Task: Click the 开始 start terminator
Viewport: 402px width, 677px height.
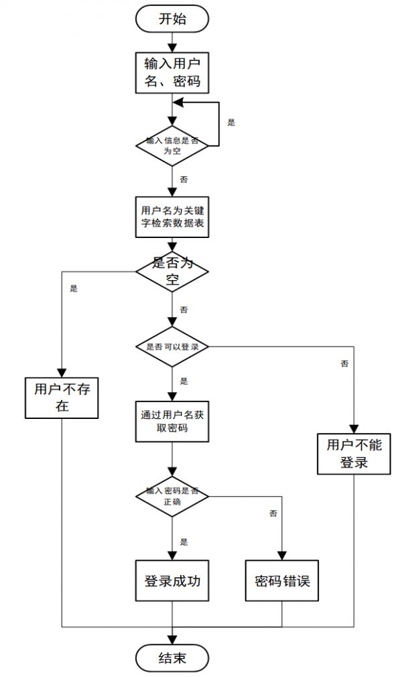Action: click(172, 19)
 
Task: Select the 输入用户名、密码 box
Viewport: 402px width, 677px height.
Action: click(172, 73)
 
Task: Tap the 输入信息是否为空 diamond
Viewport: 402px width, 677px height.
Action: click(172, 145)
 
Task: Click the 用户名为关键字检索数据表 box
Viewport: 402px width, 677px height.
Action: click(172, 217)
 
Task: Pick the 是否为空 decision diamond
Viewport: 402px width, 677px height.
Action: click(172, 271)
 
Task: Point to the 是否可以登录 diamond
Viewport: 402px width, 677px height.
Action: click(172, 347)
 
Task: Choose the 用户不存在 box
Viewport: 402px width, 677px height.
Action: click(62, 397)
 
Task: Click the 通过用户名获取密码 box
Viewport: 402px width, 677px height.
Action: click(172, 421)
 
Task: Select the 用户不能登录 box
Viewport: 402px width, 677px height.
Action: click(353, 453)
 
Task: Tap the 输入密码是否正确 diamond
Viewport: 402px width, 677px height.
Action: click(172, 496)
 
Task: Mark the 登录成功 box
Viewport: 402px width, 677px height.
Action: click(172, 581)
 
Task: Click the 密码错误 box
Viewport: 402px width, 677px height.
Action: click(282, 581)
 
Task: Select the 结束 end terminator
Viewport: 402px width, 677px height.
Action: click(172, 658)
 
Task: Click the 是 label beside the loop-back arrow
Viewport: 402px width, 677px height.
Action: click(231, 123)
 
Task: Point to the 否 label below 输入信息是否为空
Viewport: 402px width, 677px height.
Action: click(184, 180)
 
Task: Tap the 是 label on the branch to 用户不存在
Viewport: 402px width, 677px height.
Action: click(74, 289)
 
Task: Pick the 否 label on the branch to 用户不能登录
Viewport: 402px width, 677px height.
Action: click(344, 364)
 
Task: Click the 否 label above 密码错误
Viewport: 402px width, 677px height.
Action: click(273, 513)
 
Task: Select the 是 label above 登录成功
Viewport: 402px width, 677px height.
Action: click(184, 542)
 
